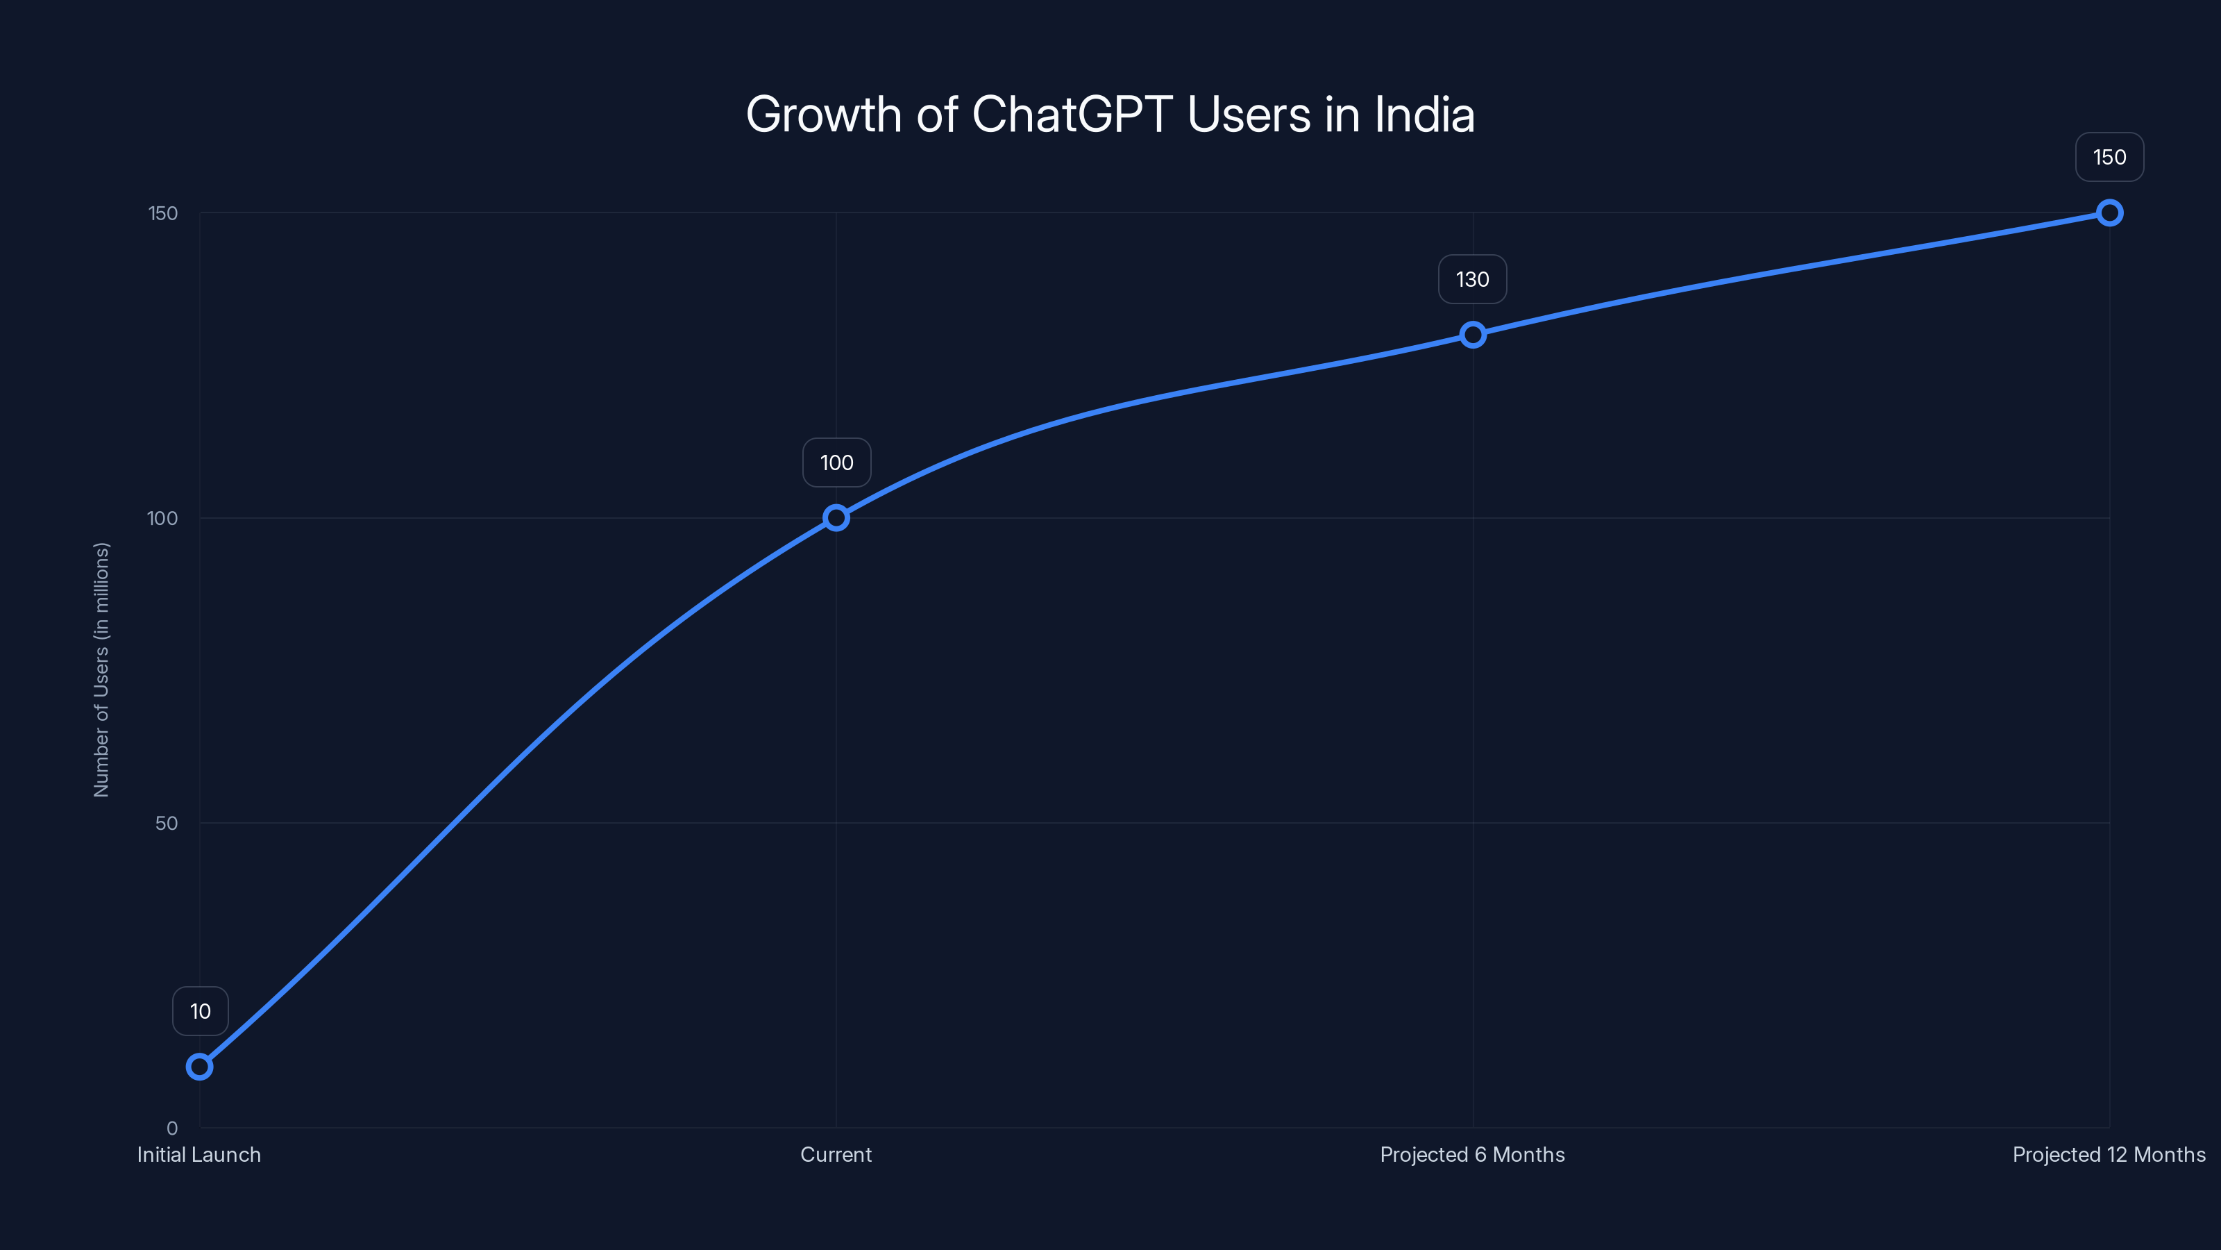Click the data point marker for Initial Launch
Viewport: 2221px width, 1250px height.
(x=199, y=1067)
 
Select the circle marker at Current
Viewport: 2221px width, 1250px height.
(x=836, y=517)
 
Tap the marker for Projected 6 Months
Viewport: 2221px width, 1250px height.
(x=1473, y=335)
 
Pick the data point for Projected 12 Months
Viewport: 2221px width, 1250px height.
(x=2109, y=213)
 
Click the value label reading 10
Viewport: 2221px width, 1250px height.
(x=200, y=1011)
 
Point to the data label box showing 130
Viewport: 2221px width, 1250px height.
(x=1473, y=279)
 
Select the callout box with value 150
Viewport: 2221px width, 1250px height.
(x=2109, y=157)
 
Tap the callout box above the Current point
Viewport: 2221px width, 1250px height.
(x=836, y=463)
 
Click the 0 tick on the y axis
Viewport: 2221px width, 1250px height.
(x=171, y=1128)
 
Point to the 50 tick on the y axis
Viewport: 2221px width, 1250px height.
(x=167, y=823)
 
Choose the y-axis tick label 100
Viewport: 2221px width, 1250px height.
(x=162, y=519)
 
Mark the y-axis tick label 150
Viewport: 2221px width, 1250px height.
(x=163, y=213)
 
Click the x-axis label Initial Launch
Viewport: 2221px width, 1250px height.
(x=199, y=1155)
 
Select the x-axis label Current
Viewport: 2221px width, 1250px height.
(x=836, y=1155)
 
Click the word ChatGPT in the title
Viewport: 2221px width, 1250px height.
(x=1072, y=115)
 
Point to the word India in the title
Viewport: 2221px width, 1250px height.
(x=1424, y=115)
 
